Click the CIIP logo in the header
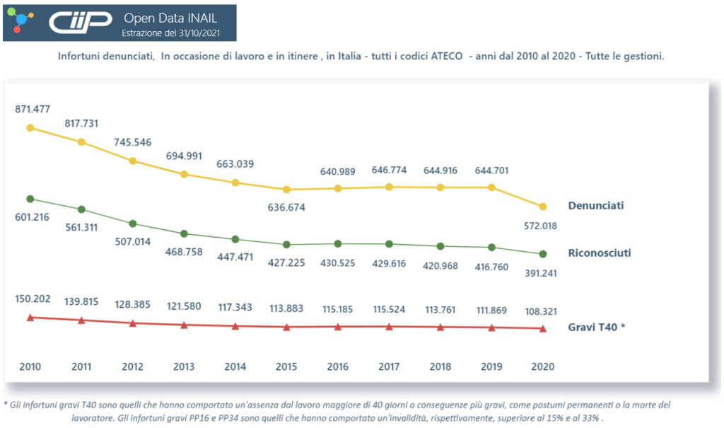coord(79,23)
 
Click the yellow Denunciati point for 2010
coord(30,128)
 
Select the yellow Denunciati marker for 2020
coord(543,207)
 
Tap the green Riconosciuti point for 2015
coord(286,245)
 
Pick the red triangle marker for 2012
coord(133,323)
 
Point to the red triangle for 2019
coord(491,328)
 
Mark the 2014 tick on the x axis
coord(235,367)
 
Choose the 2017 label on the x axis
coord(389,367)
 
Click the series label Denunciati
coord(595,206)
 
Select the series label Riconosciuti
coord(599,253)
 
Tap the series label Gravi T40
coord(597,328)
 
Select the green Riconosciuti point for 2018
coord(440,246)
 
